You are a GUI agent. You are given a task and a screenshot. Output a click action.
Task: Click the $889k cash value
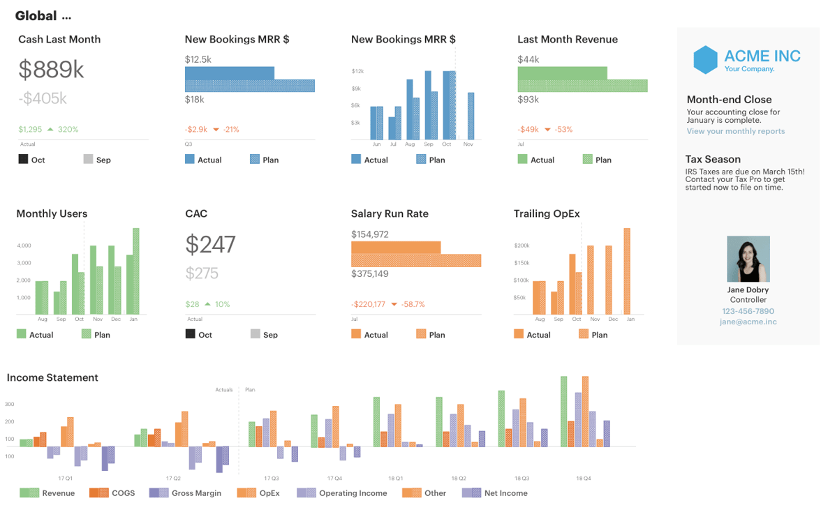pyautogui.click(x=51, y=69)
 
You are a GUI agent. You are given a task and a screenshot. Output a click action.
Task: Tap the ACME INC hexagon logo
pyautogui.click(x=705, y=60)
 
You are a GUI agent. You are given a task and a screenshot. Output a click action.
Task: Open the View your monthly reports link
pyautogui.click(x=735, y=131)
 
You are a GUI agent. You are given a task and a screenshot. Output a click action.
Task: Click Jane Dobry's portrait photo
pyautogui.click(x=748, y=259)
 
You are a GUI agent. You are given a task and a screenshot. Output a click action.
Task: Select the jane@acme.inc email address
pyautogui.click(x=748, y=322)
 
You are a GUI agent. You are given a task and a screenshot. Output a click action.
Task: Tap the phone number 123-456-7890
pyautogui.click(x=748, y=311)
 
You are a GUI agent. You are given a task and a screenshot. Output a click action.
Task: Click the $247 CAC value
pyautogui.click(x=210, y=244)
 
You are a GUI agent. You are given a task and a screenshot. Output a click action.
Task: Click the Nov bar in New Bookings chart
pyautogui.click(x=471, y=116)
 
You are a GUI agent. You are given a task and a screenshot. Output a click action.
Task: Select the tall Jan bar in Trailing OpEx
pyautogui.click(x=627, y=271)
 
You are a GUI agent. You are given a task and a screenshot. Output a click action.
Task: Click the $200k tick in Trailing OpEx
pyautogui.click(x=521, y=246)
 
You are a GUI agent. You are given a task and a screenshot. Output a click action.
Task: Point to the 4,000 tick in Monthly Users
pyautogui.click(x=23, y=246)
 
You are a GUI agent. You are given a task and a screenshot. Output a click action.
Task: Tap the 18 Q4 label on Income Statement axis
pyautogui.click(x=584, y=479)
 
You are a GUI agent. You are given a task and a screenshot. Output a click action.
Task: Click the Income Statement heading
pyautogui.click(x=52, y=377)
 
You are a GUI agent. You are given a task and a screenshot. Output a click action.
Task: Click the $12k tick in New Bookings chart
pyautogui.click(x=357, y=71)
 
